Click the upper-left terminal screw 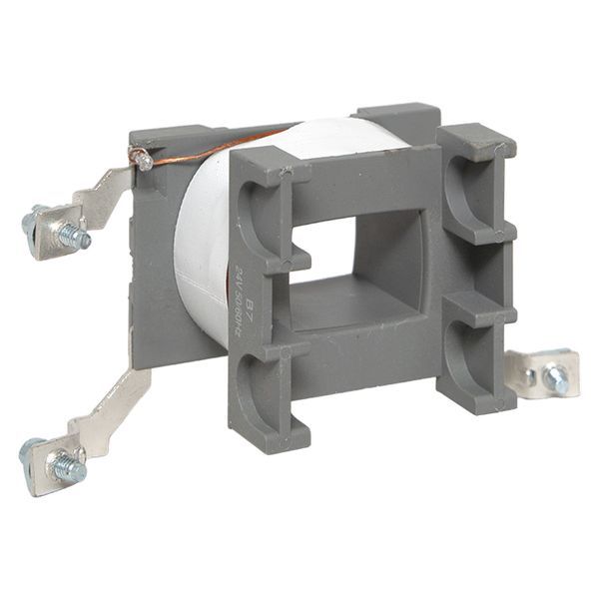pyautogui.click(x=72, y=237)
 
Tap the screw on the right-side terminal pyautogui.click(x=556, y=378)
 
